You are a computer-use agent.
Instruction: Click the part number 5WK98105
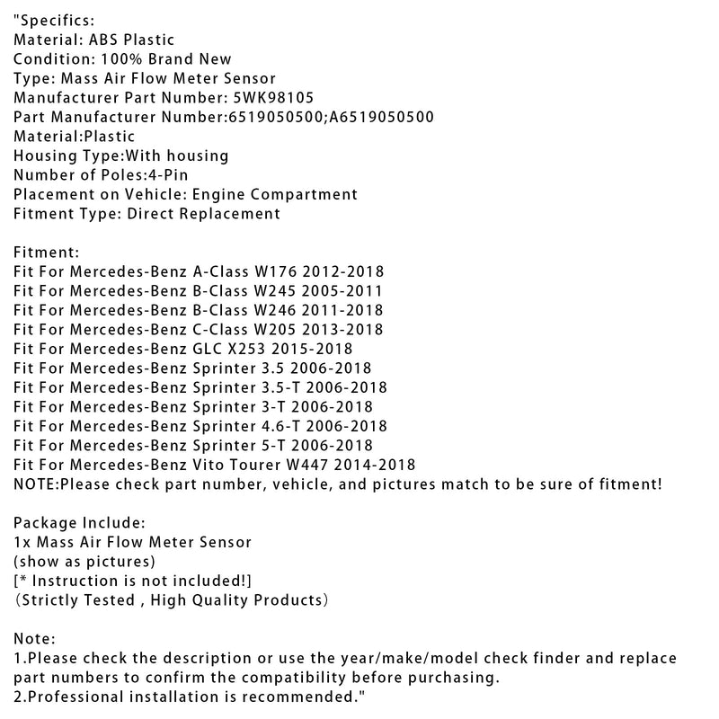(x=272, y=97)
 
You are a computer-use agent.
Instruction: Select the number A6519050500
(x=386, y=117)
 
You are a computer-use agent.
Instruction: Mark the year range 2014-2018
(x=381, y=465)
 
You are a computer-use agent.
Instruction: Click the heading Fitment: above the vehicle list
(x=48, y=253)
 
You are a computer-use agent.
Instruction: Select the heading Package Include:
(x=78, y=522)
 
